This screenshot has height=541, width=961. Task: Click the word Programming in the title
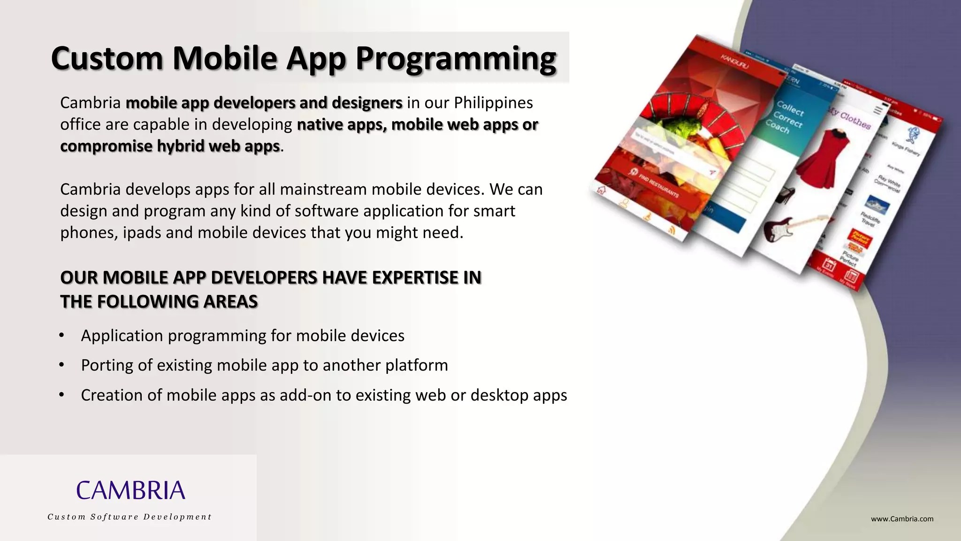(x=455, y=59)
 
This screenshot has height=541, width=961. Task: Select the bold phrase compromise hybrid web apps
(x=170, y=146)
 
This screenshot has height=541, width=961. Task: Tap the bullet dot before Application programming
(x=61, y=335)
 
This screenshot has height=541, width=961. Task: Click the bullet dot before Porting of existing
(x=61, y=365)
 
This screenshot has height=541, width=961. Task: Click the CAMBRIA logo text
(x=130, y=490)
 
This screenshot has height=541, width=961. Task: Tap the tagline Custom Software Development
(x=130, y=517)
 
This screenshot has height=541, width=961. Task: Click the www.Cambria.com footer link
(x=902, y=519)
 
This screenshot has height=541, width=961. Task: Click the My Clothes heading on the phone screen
(x=849, y=117)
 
